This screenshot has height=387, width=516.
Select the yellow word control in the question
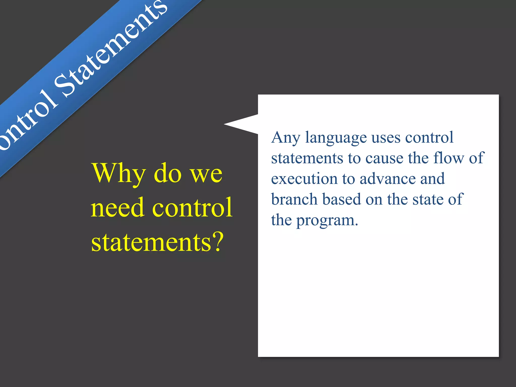[x=192, y=208]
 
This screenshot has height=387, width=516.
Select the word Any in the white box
[x=286, y=138]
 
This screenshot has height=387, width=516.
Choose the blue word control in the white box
[x=429, y=138]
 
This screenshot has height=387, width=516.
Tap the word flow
[x=449, y=158]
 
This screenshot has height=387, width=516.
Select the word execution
[x=304, y=179]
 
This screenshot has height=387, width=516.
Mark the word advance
[x=388, y=179]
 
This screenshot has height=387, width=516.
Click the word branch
[x=294, y=199]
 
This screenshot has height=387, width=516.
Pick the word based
[x=341, y=199]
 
